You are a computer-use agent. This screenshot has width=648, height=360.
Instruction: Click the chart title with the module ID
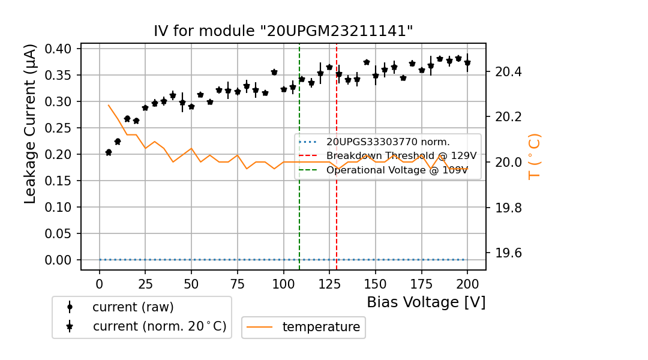283,31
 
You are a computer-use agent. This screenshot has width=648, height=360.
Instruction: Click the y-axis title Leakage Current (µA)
31,124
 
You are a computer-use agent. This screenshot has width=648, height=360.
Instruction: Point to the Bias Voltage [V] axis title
426,302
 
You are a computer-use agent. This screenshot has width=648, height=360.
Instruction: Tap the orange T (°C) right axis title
534,156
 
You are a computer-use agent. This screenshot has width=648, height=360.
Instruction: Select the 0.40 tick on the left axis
59,49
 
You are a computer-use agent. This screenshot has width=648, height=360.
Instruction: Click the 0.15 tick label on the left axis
59,181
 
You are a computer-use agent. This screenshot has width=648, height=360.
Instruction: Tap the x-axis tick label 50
191,283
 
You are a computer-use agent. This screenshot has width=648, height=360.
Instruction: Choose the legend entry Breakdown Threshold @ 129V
401,156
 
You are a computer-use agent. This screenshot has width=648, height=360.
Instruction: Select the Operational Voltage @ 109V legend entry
397,170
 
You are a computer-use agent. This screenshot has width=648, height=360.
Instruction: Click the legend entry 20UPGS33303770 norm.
388,142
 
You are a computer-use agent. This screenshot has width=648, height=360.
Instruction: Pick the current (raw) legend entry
133,307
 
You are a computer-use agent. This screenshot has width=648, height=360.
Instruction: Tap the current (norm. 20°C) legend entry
159,327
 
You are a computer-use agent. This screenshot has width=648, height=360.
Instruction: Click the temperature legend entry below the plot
321,327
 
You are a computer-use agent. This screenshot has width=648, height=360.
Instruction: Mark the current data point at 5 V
109,152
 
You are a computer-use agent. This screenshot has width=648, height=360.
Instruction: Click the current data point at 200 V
467,63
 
